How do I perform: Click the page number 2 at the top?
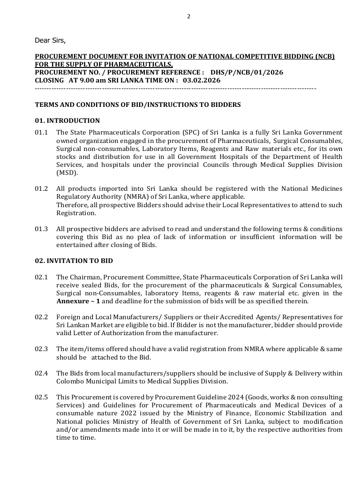point(189,16)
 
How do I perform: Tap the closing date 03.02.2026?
point(202,80)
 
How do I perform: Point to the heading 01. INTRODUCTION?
point(67,120)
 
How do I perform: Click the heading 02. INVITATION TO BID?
point(74,261)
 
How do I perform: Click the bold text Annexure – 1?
point(78,301)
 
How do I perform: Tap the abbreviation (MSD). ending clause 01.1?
point(66,172)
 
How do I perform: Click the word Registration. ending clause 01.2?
point(76,213)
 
